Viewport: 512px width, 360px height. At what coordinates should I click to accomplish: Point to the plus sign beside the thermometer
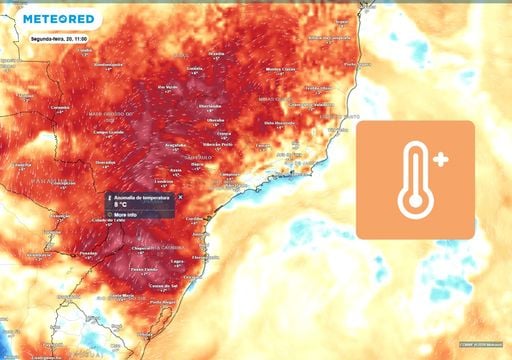pyautogui.click(x=440, y=159)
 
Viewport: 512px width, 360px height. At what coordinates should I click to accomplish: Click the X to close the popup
pyautogui.click(x=180, y=197)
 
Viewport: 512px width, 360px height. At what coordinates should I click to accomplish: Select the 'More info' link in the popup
pyautogui.click(x=126, y=215)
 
